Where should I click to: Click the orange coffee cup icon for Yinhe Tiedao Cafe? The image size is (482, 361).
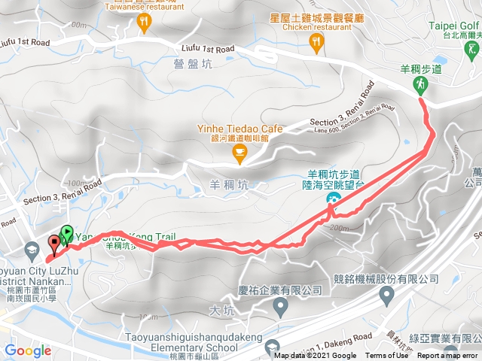tap(240, 155)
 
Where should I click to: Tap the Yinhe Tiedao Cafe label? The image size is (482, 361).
tap(239, 129)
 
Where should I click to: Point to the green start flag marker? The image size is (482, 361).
tap(66, 234)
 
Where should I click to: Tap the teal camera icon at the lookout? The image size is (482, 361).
tap(332, 198)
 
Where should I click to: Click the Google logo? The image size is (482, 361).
tap(27, 350)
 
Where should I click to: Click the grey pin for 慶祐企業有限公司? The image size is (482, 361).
tap(280, 306)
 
